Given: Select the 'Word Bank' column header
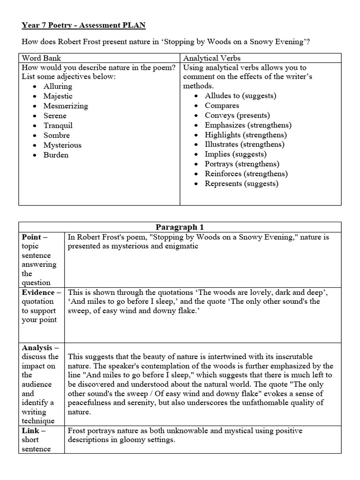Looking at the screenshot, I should click(x=42, y=59).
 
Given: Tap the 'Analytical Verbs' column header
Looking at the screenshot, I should click(x=211, y=59).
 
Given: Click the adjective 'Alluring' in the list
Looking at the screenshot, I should click(x=58, y=86).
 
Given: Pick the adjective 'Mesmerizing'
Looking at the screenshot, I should click(x=66, y=106).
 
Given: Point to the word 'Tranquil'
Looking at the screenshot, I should click(x=58, y=126).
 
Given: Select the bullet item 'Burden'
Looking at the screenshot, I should click(x=56, y=155).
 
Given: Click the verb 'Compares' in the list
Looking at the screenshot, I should click(x=222, y=105).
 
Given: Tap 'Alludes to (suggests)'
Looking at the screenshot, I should click(x=240, y=96).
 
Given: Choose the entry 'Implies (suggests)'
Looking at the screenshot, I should click(x=235, y=154).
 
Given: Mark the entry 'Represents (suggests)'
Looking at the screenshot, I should click(x=241, y=184).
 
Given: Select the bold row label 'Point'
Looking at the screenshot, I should click(x=32, y=237).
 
